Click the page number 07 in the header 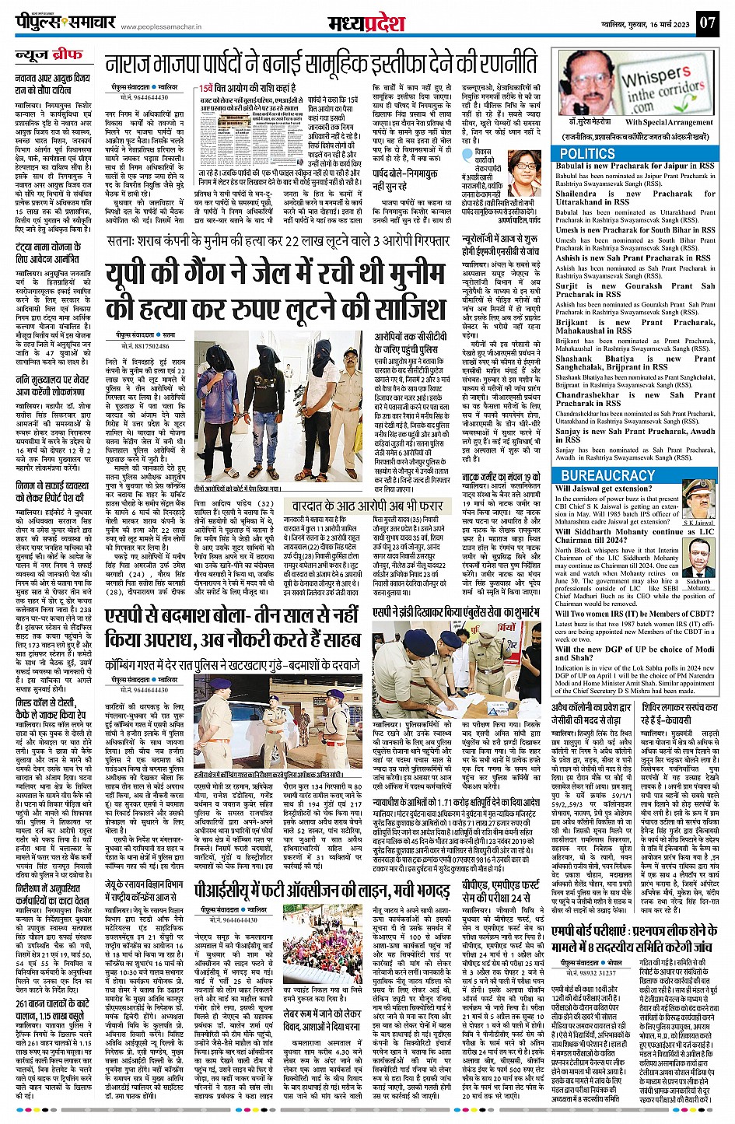coord(706,22)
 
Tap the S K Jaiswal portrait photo coord(698,501)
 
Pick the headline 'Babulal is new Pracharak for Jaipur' coord(635,166)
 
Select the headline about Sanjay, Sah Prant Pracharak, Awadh coord(635,436)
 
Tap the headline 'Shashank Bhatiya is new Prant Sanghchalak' coord(635,362)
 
